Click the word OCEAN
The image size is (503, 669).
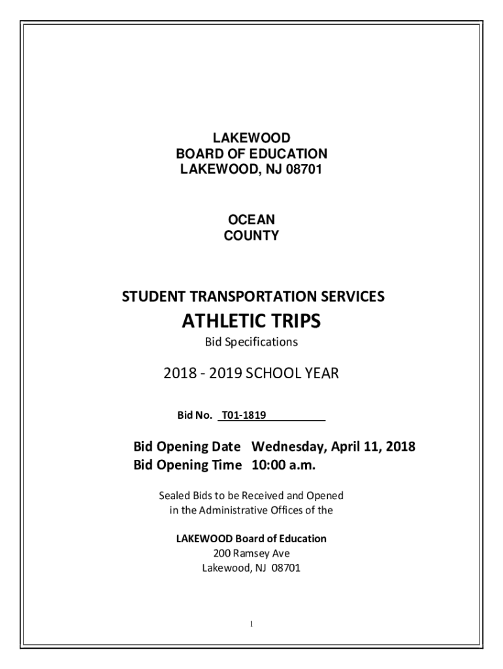(x=252, y=220)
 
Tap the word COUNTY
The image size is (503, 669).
(x=252, y=236)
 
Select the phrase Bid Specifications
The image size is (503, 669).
(x=252, y=342)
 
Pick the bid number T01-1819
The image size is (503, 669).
(x=244, y=414)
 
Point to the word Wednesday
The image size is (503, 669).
(x=289, y=448)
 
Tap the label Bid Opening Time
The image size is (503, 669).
(x=187, y=465)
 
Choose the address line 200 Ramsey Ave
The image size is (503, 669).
(x=252, y=553)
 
